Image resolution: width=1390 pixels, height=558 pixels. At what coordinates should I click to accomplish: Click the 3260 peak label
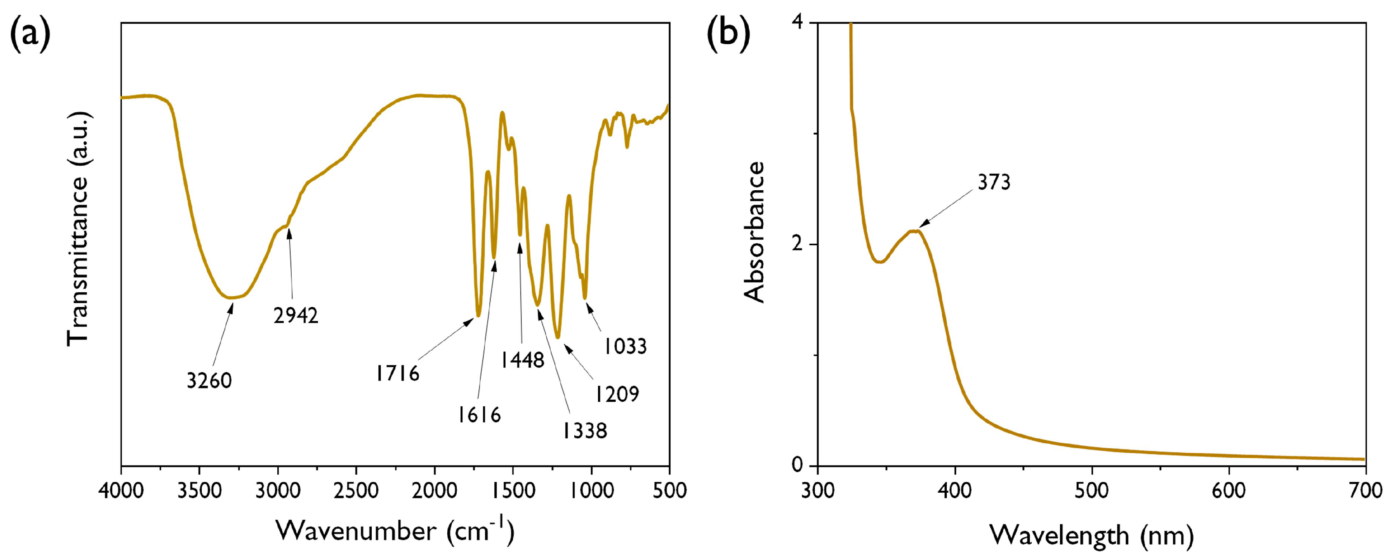[x=210, y=380]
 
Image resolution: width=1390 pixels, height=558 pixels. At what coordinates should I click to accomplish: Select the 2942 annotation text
[x=296, y=316]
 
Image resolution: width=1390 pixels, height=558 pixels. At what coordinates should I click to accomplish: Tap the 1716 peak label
[x=398, y=373]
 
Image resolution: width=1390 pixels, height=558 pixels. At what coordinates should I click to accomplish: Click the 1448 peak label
[x=522, y=360]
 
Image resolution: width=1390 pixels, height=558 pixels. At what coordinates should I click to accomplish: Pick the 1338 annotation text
[x=585, y=431]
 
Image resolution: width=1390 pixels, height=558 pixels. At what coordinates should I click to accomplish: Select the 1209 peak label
[x=617, y=394]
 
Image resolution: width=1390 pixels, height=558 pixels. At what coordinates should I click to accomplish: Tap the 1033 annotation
[x=625, y=346]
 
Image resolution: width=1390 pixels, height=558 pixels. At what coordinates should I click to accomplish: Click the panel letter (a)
[x=31, y=36]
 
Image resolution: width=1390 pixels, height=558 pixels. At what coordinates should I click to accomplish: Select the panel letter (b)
[x=728, y=36]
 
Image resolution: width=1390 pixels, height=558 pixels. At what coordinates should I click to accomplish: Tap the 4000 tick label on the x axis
[x=121, y=491]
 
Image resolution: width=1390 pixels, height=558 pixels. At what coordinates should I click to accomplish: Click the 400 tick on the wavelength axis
[x=955, y=491]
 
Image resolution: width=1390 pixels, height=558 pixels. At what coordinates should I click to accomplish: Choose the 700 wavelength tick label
[x=1365, y=491]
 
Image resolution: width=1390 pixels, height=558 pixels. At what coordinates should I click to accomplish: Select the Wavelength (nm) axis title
[x=1091, y=536]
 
